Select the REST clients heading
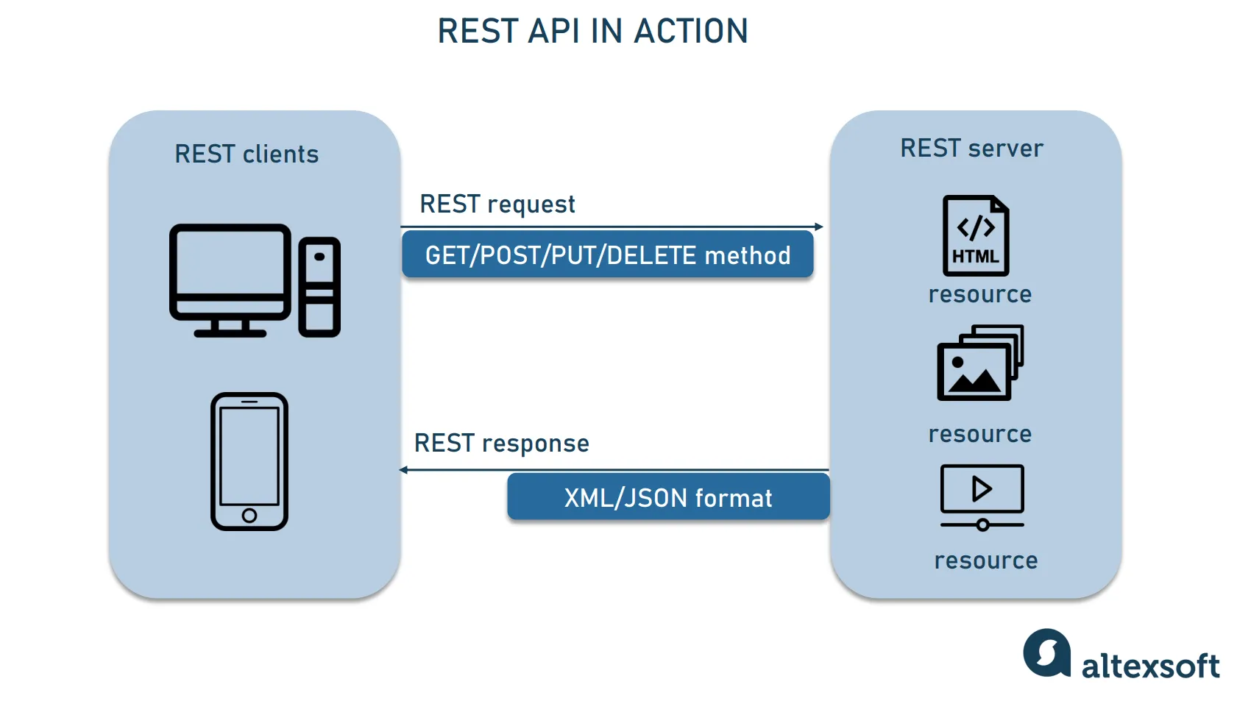247,154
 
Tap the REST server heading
971,149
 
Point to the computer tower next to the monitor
319,287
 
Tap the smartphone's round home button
249,515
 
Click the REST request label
497,204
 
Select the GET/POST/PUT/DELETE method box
607,255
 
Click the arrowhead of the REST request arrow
819,227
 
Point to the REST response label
502,444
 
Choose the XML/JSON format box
668,498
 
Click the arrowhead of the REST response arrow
403,469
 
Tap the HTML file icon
976,235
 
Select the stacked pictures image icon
979,363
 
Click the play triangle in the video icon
982,489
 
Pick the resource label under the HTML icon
980,294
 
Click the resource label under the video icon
986,561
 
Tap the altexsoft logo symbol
1046,652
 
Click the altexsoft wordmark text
1150,666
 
